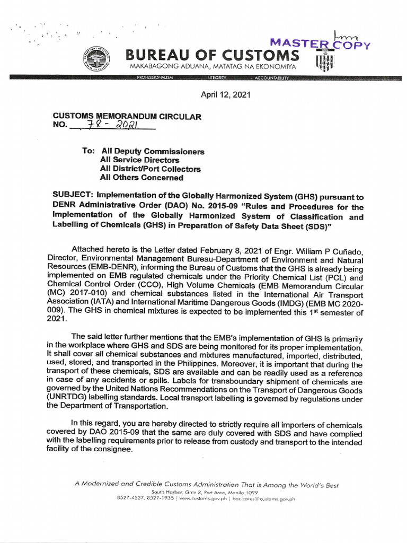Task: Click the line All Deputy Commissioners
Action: (x=152, y=151)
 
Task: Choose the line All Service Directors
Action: (x=139, y=160)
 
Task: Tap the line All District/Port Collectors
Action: (x=150, y=169)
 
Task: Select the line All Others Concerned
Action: (x=141, y=178)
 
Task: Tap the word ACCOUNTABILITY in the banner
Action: (x=271, y=78)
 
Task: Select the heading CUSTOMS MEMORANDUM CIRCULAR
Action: (x=127, y=117)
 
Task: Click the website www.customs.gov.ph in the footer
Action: (x=199, y=498)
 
